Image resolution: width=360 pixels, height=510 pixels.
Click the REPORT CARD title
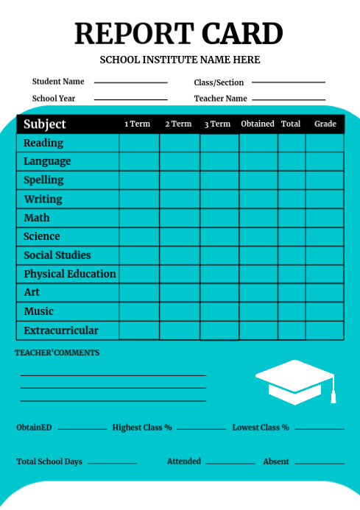(179, 35)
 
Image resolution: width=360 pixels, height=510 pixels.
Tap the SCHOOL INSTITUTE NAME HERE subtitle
(180, 60)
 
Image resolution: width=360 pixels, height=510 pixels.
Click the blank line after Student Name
(130, 82)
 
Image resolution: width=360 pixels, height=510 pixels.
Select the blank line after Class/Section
(288, 82)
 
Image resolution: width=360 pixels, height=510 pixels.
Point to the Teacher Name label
(220, 99)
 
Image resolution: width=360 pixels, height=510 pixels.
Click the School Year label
(54, 99)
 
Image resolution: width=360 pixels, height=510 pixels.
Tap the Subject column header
(45, 124)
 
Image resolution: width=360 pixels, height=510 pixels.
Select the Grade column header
(325, 124)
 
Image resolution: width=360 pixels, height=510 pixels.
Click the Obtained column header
(258, 124)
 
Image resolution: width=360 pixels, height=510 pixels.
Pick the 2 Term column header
(178, 124)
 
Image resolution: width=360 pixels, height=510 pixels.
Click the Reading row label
(43, 143)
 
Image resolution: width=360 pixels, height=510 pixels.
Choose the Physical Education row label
(70, 274)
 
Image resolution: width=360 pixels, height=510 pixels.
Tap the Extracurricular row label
(61, 330)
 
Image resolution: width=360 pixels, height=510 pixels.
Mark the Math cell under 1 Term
(139, 218)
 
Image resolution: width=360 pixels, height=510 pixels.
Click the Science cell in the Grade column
(325, 236)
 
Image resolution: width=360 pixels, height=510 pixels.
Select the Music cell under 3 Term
(219, 311)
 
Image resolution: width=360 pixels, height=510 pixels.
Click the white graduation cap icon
(295, 380)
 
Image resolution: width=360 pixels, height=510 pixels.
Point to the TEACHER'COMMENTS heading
(57, 353)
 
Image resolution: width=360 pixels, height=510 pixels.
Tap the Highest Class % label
(142, 428)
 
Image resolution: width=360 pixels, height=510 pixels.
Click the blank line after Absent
(320, 464)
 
